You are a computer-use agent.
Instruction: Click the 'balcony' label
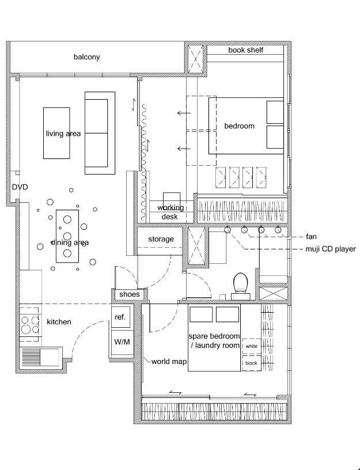[86, 57]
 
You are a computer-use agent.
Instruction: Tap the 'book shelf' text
[245, 50]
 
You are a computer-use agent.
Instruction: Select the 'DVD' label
[20, 187]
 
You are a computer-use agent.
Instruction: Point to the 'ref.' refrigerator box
[120, 317]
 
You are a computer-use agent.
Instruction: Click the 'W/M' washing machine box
[122, 342]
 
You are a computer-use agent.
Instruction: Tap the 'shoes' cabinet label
[130, 294]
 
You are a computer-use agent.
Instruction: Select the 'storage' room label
[161, 239]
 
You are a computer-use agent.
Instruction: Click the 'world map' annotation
[169, 362]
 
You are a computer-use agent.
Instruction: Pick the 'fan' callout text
[311, 237]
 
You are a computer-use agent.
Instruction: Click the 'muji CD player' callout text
[331, 249]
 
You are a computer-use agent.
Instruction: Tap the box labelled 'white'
[251, 346]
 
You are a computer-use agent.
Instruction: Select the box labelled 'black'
[251, 363]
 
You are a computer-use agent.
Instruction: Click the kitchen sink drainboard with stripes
[31, 357]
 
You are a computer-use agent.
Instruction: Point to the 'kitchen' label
[59, 322]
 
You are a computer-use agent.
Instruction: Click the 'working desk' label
[170, 212]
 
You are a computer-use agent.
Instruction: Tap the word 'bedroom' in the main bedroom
[239, 126]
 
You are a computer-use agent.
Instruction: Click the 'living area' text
[63, 134]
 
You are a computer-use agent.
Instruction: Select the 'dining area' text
[70, 242]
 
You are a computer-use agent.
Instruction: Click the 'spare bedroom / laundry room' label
[214, 341]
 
